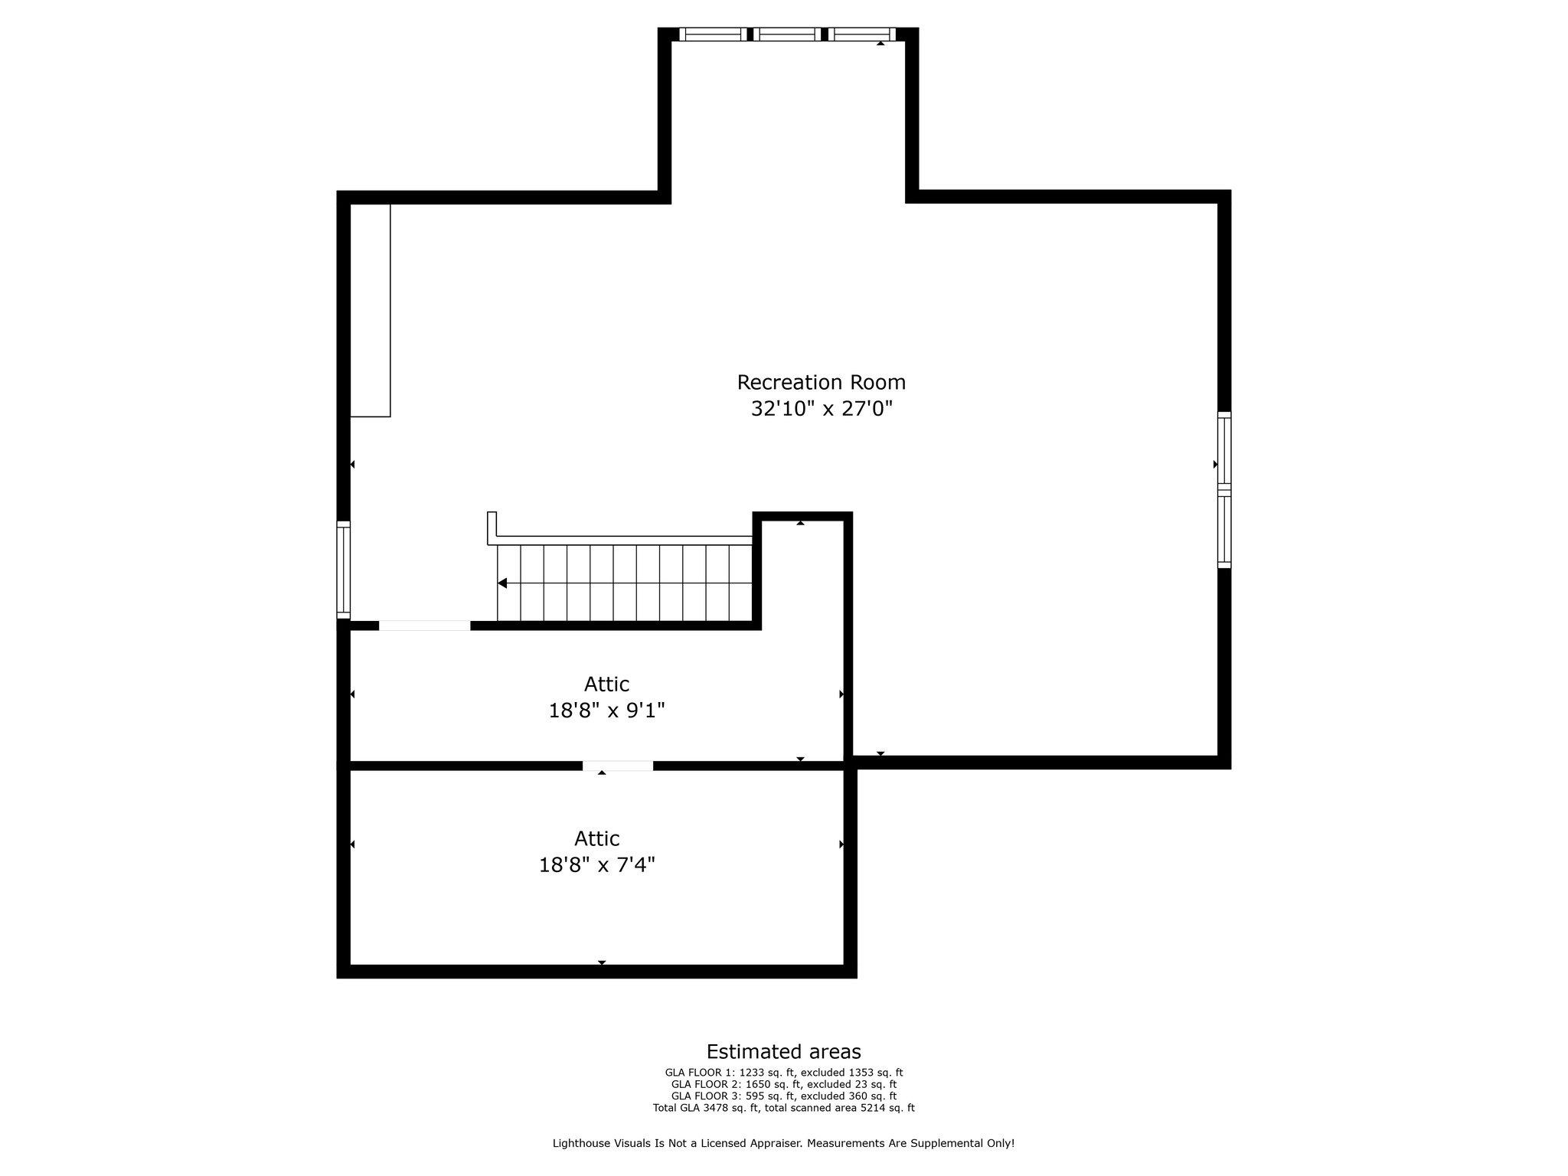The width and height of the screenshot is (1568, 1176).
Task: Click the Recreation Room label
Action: [x=821, y=382]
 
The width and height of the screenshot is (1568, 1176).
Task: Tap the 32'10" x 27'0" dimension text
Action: [x=822, y=409]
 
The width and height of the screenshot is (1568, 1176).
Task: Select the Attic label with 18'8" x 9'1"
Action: [x=606, y=684]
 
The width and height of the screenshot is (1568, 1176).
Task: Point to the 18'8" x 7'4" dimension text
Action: [x=596, y=865]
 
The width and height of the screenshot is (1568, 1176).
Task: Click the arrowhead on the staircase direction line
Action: [x=502, y=583]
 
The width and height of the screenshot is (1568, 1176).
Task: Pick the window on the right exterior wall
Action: [x=1224, y=490]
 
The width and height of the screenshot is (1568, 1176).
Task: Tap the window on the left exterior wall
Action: [x=344, y=570]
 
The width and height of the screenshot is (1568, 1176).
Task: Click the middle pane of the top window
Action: [x=788, y=34]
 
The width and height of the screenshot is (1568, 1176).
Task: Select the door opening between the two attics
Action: [x=618, y=766]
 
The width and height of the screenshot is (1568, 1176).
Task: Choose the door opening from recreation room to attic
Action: [x=424, y=626]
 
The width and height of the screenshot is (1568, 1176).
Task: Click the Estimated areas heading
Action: [x=783, y=1051]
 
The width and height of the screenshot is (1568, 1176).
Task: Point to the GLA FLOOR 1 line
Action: [x=783, y=1073]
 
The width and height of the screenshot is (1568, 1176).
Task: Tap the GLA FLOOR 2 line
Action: [x=783, y=1084]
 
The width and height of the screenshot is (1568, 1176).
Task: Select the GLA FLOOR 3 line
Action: [x=783, y=1096]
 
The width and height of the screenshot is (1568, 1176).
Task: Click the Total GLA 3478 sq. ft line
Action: [x=783, y=1108]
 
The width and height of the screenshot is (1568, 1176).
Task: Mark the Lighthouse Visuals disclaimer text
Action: [x=783, y=1143]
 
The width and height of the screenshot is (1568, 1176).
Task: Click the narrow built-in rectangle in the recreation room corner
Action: [x=371, y=310]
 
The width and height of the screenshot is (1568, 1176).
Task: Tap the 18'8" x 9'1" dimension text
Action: [x=606, y=710]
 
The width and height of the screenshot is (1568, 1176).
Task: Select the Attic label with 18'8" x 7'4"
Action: [x=596, y=838]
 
